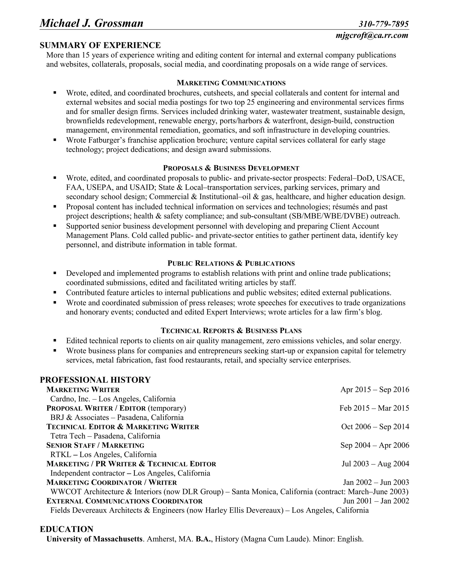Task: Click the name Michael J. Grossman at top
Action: (x=91, y=23)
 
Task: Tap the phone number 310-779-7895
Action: (x=384, y=24)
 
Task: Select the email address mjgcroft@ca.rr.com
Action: (x=372, y=35)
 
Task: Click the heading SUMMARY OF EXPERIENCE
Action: (x=100, y=45)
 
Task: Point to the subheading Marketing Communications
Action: (x=231, y=83)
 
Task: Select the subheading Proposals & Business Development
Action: (x=231, y=168)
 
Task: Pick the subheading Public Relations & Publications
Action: (x=231, y=263)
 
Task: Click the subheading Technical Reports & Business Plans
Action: (x=231, y=331)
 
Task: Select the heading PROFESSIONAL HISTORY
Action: (x=95, y=380)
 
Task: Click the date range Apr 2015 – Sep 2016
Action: (x=374, y=390)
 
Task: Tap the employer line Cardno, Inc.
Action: (x=113, y=399)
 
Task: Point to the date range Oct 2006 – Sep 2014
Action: (x=375, y=427)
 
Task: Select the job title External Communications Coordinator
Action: (x=125, y=501)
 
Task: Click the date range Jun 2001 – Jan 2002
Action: (x=376, y=501)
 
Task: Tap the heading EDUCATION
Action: (x=66, y=529)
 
